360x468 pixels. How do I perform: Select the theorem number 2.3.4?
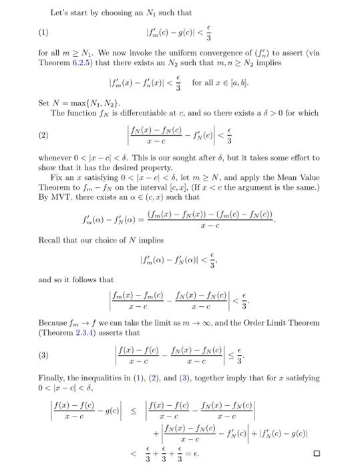[x=92, y=330]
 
